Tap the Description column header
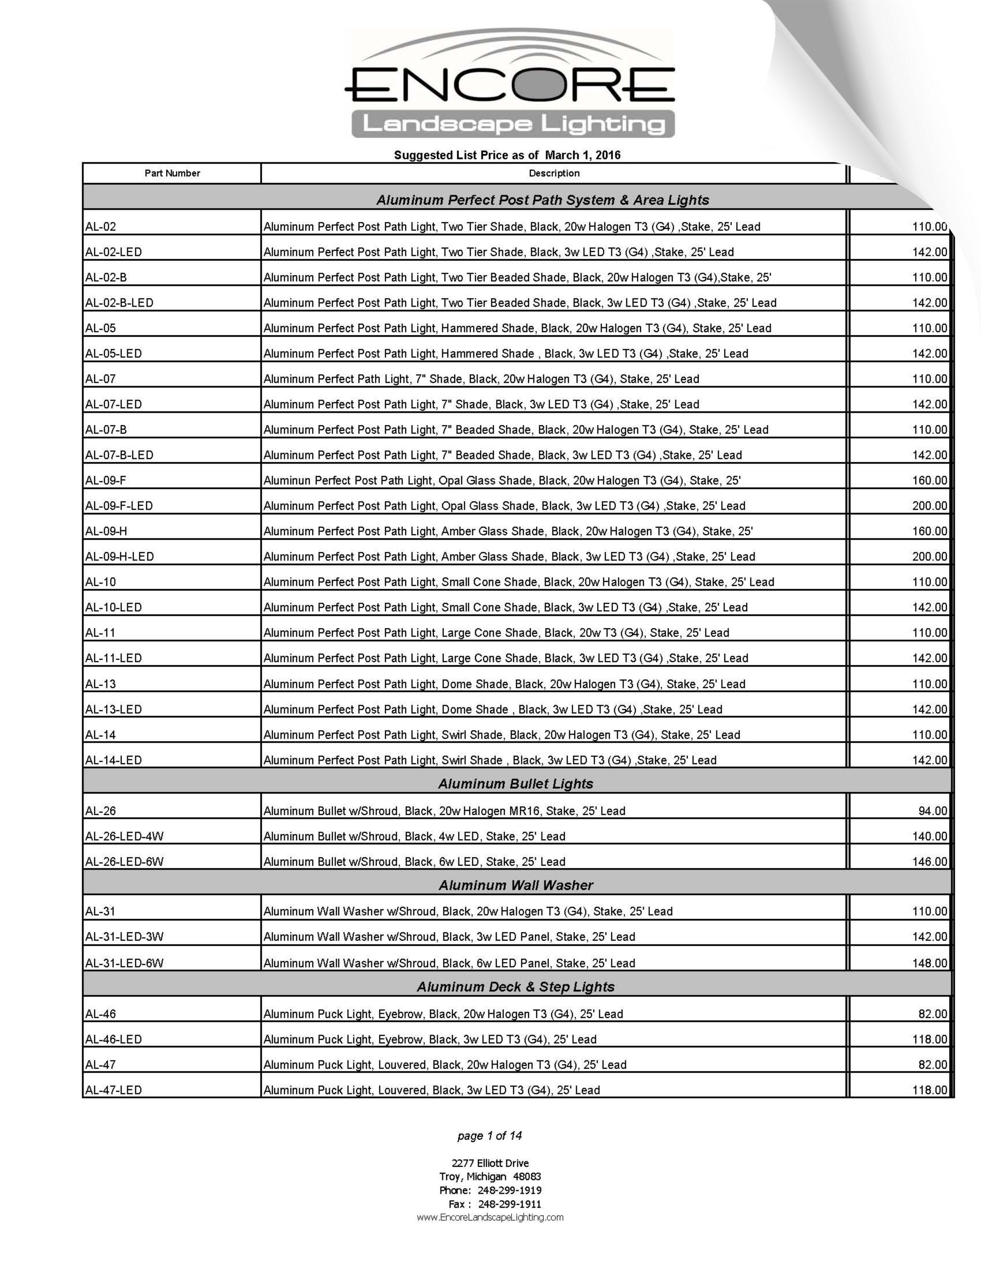[554, 173]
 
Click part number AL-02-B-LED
[119, 303]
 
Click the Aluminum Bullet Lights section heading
[516, 784]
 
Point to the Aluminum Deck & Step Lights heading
[516, 987]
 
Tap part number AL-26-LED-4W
[124, 836]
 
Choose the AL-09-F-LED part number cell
[119, 506]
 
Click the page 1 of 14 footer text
[489, 1135]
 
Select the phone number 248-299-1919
[509, 1191]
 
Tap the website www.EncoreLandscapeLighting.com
[490, 1217]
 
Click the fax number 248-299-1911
[509, 1204]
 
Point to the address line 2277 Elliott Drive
[490, 1163]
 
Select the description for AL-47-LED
[431, 1090]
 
